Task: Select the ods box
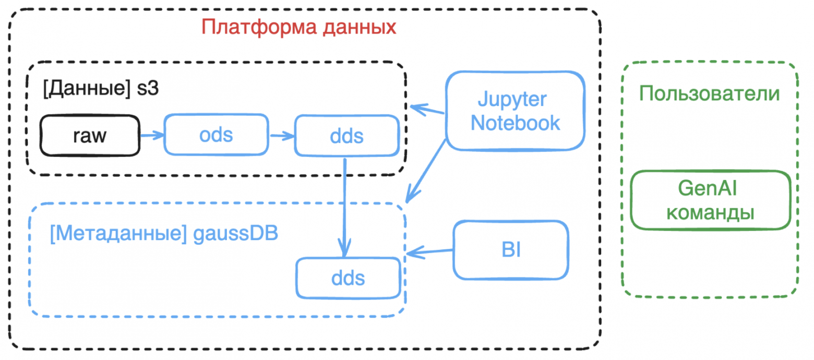pos(216,135)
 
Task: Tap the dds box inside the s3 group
pos(346,136)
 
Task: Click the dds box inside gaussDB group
pos(348,278)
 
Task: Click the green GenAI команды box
pos(711,200)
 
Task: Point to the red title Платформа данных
pos(299,27)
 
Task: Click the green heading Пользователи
pos(710,94)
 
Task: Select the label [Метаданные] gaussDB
pos(164,233)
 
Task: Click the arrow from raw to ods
pos(152,136)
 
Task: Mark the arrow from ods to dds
pos(282,136)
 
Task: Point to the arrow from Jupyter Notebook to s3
pos(427,110)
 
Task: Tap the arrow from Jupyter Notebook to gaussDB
pos(426,170)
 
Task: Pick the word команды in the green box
pos(711,213)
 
